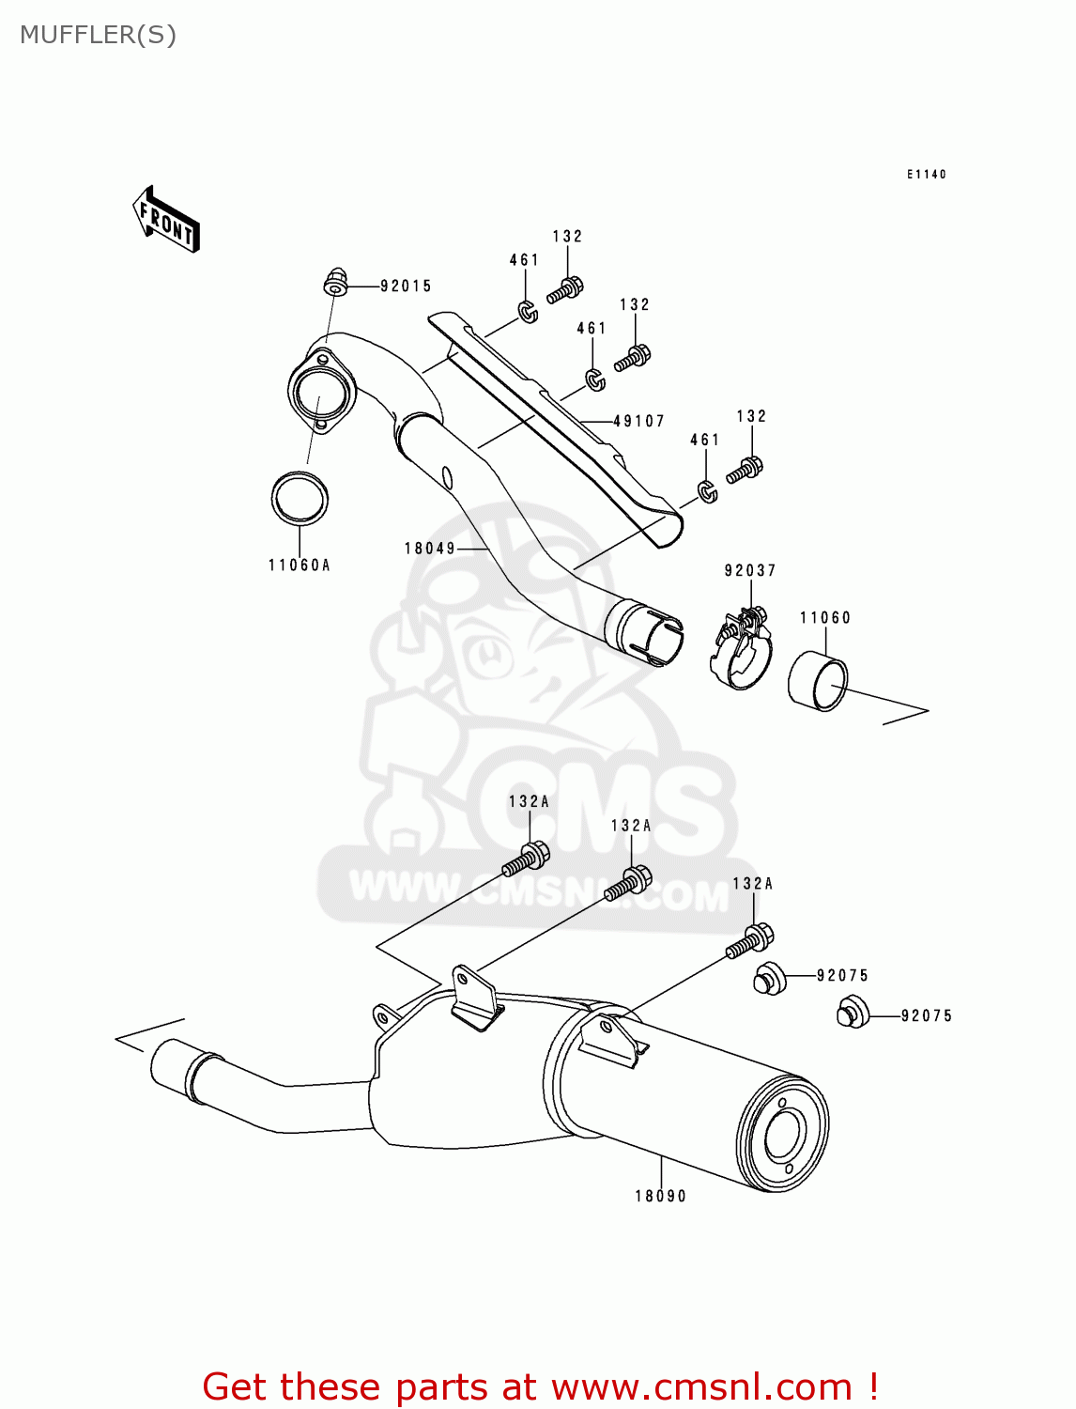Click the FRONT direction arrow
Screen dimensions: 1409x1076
coord(167,220)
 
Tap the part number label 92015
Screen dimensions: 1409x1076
coord(406,286)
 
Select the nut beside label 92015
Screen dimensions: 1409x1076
coord(335,280)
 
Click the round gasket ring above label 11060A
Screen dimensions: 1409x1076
coord(300,498)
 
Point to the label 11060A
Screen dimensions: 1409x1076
coord(300,565)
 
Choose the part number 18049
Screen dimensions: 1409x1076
coord(430,549)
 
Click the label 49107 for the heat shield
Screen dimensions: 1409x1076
coord(638,422)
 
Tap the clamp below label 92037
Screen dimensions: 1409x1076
coord(742,648)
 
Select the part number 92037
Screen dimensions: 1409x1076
coord(750,571)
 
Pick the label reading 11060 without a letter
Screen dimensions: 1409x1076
coord(825,618)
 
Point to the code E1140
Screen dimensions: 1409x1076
coord(927,175)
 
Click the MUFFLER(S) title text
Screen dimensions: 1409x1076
coord(98,35)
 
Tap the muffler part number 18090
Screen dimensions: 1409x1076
coord(661,1197)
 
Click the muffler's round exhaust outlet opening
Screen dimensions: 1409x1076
coord(782,1136)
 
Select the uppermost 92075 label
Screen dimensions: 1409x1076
coord(843,976)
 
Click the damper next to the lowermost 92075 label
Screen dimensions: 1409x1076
coord(853,1013)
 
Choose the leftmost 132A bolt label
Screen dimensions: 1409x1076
coord(530,802)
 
